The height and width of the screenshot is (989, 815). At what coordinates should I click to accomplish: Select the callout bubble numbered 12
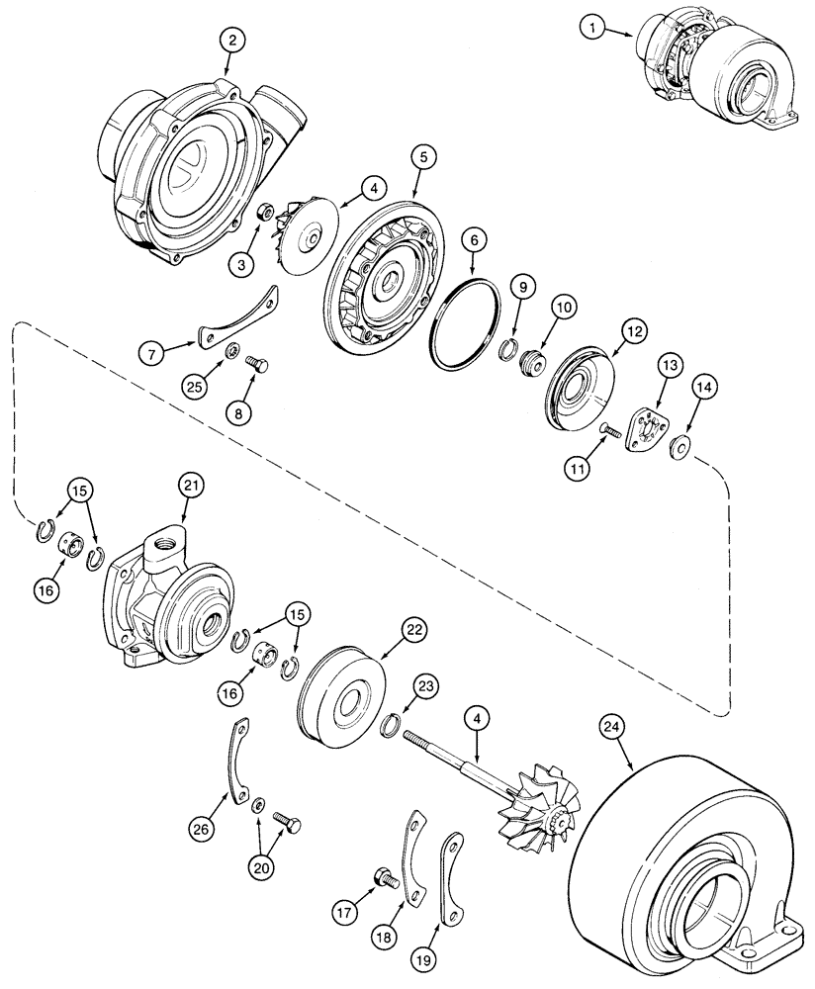pos(632,330)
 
